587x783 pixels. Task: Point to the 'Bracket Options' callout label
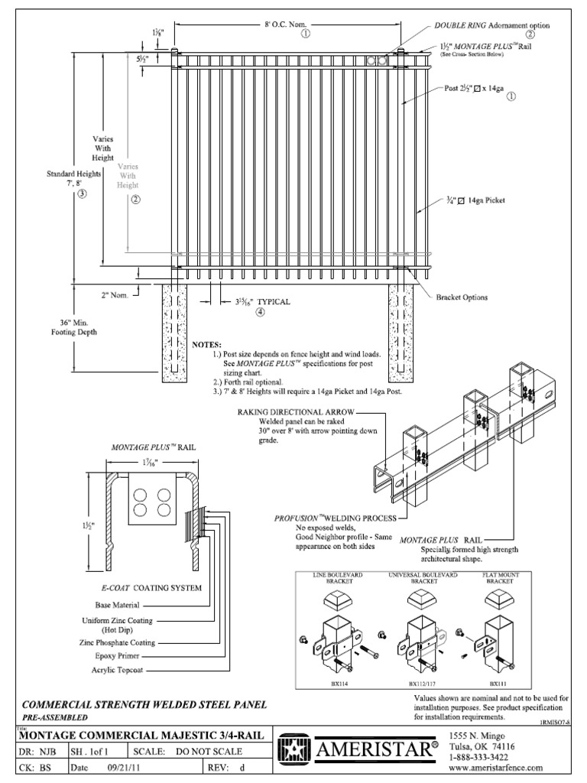point(461,297)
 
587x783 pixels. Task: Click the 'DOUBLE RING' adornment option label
point(456,25)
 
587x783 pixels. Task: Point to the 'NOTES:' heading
point(206,345)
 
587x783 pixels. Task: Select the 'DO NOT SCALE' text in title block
point(209,752)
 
